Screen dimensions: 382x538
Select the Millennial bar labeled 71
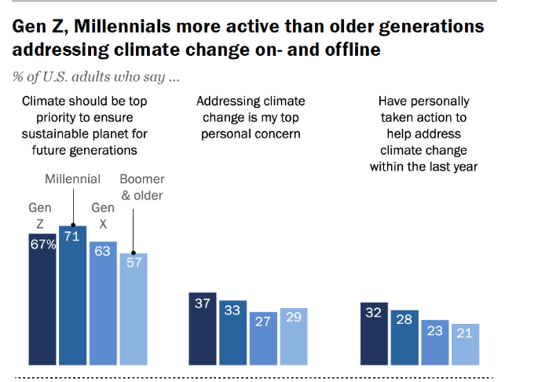(73, 296)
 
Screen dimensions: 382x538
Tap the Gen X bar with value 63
(103, 303)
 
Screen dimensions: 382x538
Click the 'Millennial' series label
(72, 178)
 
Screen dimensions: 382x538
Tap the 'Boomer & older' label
(141, 187)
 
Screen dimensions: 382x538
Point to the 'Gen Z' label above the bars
(40, 217)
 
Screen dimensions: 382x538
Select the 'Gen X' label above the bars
(103, 215)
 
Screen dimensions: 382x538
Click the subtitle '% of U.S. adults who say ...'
(95, 77)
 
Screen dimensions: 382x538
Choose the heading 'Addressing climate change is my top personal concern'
(251, 117)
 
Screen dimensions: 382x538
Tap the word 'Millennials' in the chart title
(123, 27)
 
